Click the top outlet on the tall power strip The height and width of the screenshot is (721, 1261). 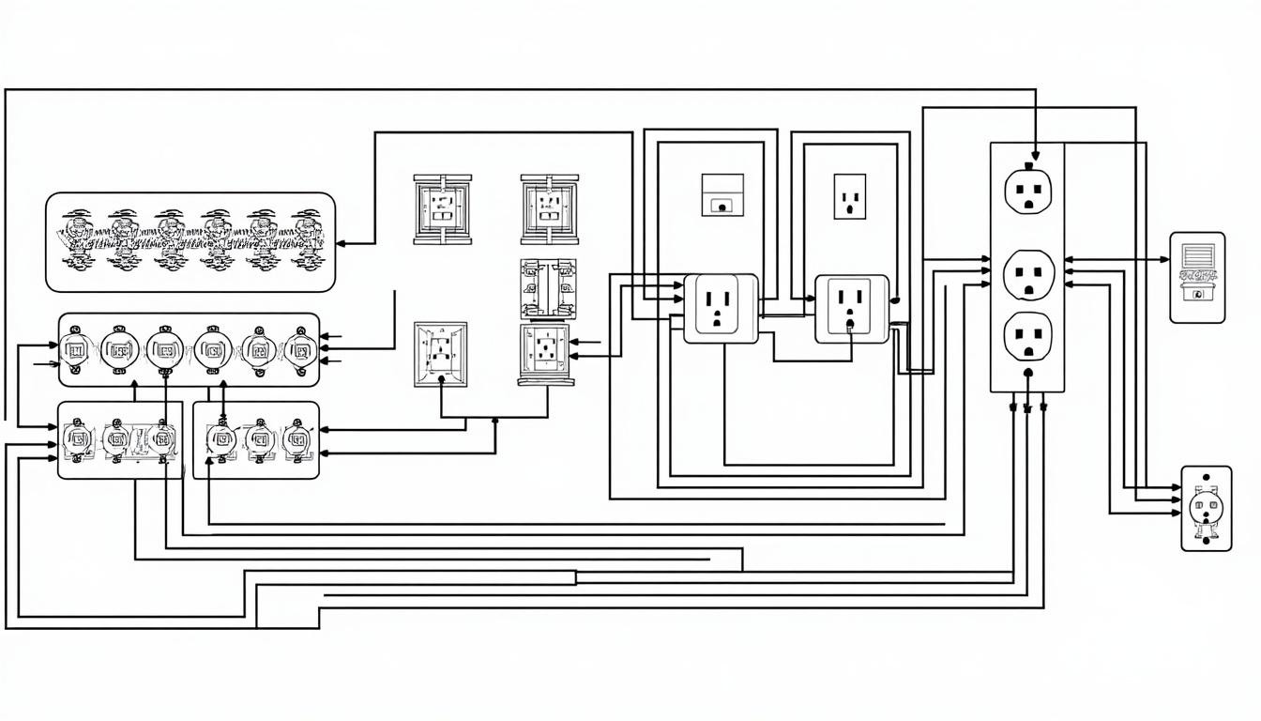(1028, 191)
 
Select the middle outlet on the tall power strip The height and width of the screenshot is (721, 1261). (1028, 273)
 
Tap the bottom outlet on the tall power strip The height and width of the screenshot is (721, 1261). (1028, 337)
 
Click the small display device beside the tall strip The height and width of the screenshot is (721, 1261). (1196, 277)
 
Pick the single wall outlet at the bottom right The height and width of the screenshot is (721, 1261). (1205, 508)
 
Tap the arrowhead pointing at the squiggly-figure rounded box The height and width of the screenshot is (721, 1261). (342, 243)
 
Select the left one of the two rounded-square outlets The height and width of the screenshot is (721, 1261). (720, 308)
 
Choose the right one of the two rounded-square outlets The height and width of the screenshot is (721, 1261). (851, 308)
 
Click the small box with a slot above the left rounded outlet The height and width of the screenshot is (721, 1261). (722, 195)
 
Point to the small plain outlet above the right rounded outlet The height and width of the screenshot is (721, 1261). (849, 195)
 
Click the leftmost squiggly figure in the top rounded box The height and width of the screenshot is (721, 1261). (78, 240)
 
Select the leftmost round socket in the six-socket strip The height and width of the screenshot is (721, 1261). (75, 350)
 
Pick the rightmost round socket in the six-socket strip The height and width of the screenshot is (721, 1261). (299, 350)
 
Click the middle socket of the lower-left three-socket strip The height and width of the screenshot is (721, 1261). (119, 439)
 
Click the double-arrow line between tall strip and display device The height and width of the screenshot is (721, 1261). (1117, 259)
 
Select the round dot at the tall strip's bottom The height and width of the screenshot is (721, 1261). (1028, 373)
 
